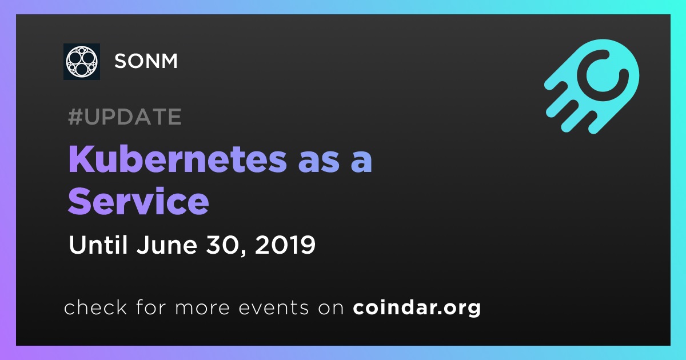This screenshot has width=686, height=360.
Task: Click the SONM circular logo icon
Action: (81, 62)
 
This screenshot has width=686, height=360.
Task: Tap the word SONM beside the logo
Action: (146, 61)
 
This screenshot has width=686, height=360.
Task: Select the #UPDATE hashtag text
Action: (125, 117)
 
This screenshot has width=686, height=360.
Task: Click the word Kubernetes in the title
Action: (178, 159)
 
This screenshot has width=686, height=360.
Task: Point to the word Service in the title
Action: (138, 201)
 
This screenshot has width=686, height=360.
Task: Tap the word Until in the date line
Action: (98, 245)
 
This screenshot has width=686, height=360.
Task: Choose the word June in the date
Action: (166, 245)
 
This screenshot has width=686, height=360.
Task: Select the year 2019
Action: (285, 245)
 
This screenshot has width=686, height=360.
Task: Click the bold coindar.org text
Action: (417, 307)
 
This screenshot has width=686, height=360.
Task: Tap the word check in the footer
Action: (95, 307)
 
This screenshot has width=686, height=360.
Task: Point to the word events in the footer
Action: (273, 307)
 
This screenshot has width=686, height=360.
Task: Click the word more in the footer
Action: (202, 308)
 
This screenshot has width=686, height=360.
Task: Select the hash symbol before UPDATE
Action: (75, 117)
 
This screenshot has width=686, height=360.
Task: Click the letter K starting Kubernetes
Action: (80, 159)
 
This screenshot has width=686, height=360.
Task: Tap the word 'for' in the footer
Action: (151, 307)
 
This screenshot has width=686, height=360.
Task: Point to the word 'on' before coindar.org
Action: (331, 308)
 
